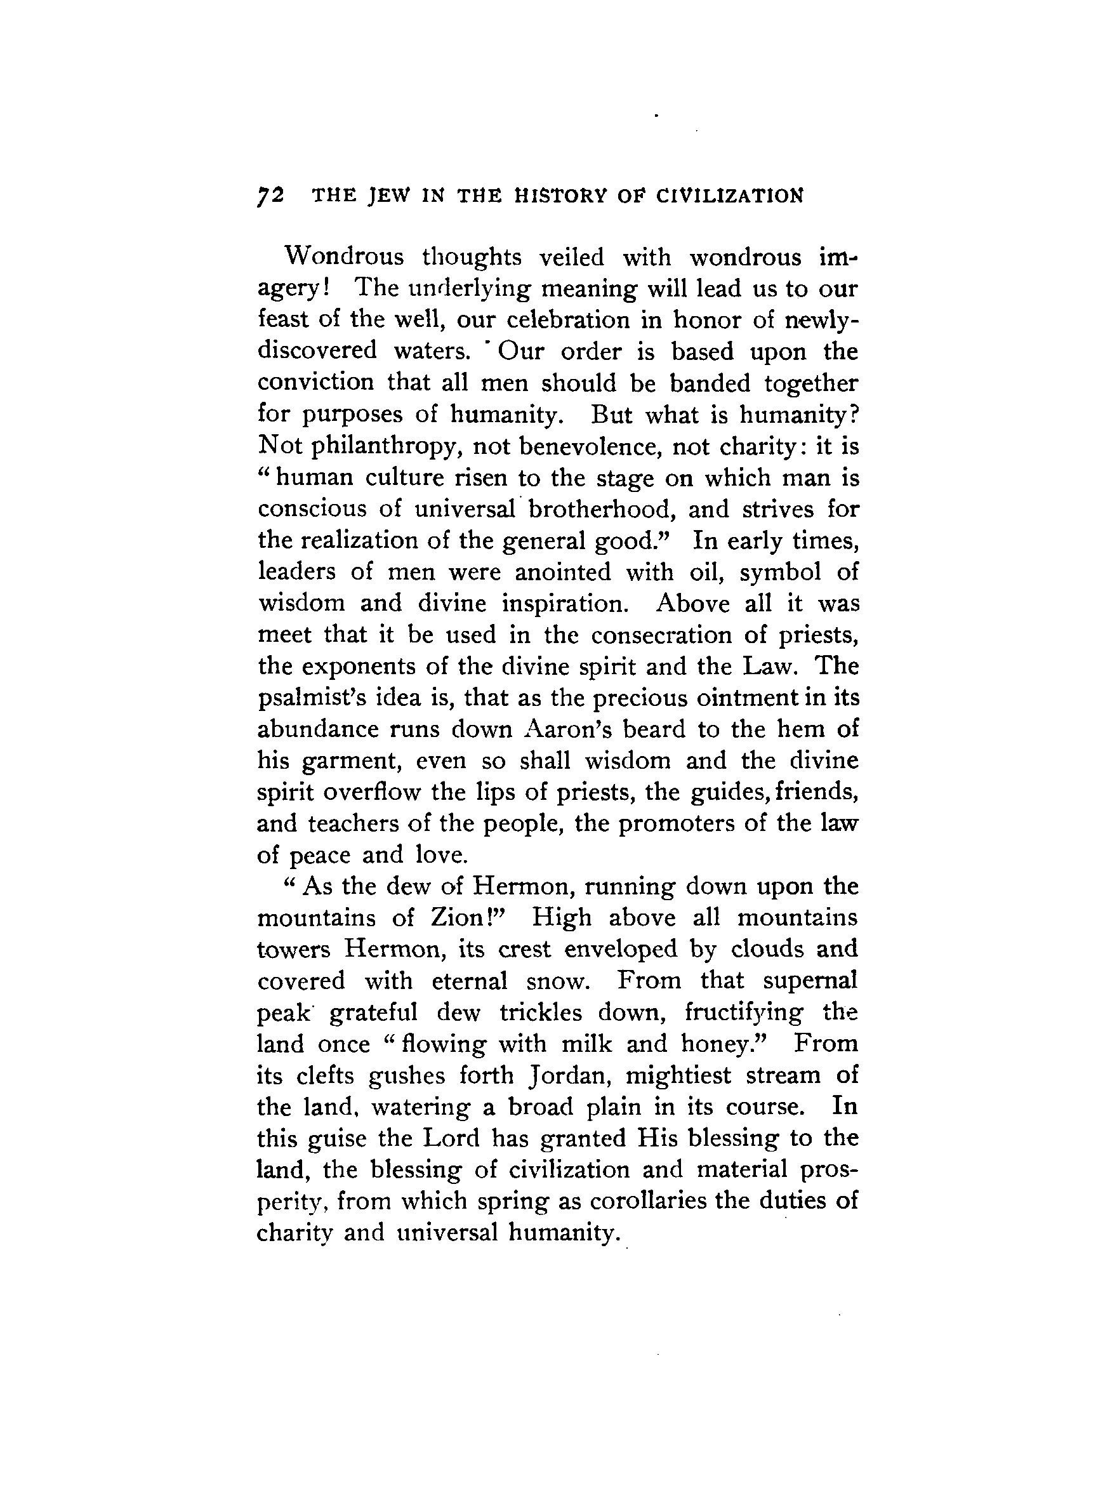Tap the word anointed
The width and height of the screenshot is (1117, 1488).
click(563, 572)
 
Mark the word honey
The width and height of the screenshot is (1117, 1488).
click(720, 1044)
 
